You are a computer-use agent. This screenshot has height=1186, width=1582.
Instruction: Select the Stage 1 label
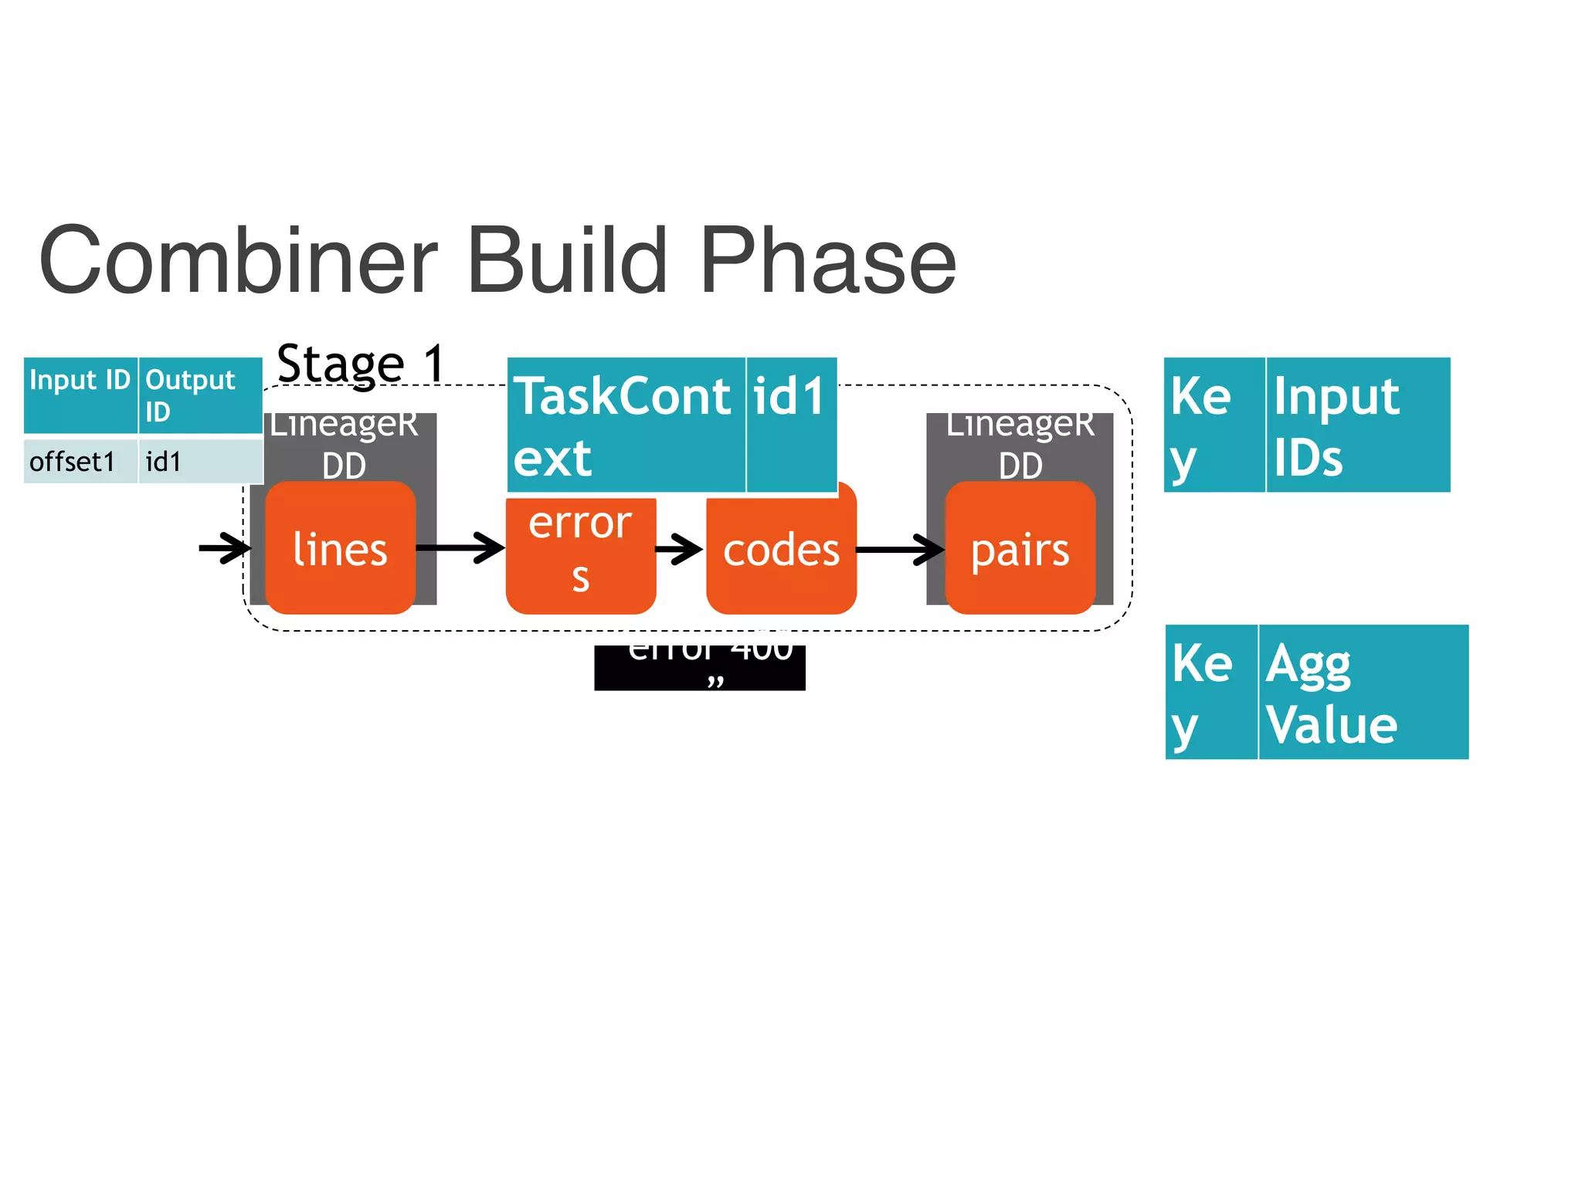coord(361,363)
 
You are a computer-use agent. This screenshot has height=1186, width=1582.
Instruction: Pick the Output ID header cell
coord(199,395)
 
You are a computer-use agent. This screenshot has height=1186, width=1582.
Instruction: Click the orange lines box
coord(340,549)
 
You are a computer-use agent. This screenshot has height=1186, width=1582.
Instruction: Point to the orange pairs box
coord(1020,549)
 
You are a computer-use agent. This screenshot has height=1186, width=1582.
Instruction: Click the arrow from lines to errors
coord(460,548)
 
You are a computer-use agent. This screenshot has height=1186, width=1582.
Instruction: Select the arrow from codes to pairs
coord(900,550)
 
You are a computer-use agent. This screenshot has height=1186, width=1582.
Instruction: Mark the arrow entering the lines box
coord(224,548)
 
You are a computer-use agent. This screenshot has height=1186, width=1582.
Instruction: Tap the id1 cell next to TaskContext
coord(791,425)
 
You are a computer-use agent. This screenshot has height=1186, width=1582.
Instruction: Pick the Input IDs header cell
coord(1357,425)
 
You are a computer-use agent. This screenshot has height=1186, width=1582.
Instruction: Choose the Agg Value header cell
coord(1363,692)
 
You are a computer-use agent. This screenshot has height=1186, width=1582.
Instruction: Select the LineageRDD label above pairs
coord(1020,444)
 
